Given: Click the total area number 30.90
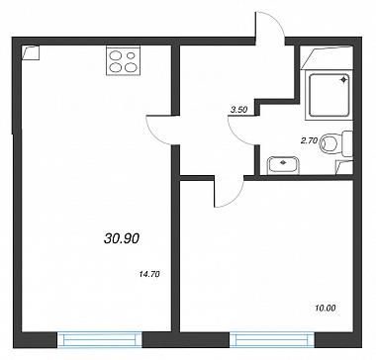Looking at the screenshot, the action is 122,238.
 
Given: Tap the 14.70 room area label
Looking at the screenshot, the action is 150,274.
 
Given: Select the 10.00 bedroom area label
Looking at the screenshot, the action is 326,309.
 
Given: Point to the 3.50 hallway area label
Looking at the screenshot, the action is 238,111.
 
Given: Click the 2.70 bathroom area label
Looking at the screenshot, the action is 309,140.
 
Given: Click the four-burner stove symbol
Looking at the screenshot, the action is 123,61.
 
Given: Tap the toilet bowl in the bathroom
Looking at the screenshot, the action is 329,143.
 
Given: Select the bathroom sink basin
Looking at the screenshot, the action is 283,164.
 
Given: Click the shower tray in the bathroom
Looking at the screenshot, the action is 329,95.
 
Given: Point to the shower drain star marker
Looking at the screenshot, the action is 343,79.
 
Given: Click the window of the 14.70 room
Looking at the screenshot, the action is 100,339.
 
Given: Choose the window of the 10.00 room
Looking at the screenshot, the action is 272,339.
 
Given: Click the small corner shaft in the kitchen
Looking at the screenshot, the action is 31,52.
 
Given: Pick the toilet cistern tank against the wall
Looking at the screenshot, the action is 347,143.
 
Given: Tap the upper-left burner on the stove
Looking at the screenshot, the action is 116,56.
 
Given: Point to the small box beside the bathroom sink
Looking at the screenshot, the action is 344,167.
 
